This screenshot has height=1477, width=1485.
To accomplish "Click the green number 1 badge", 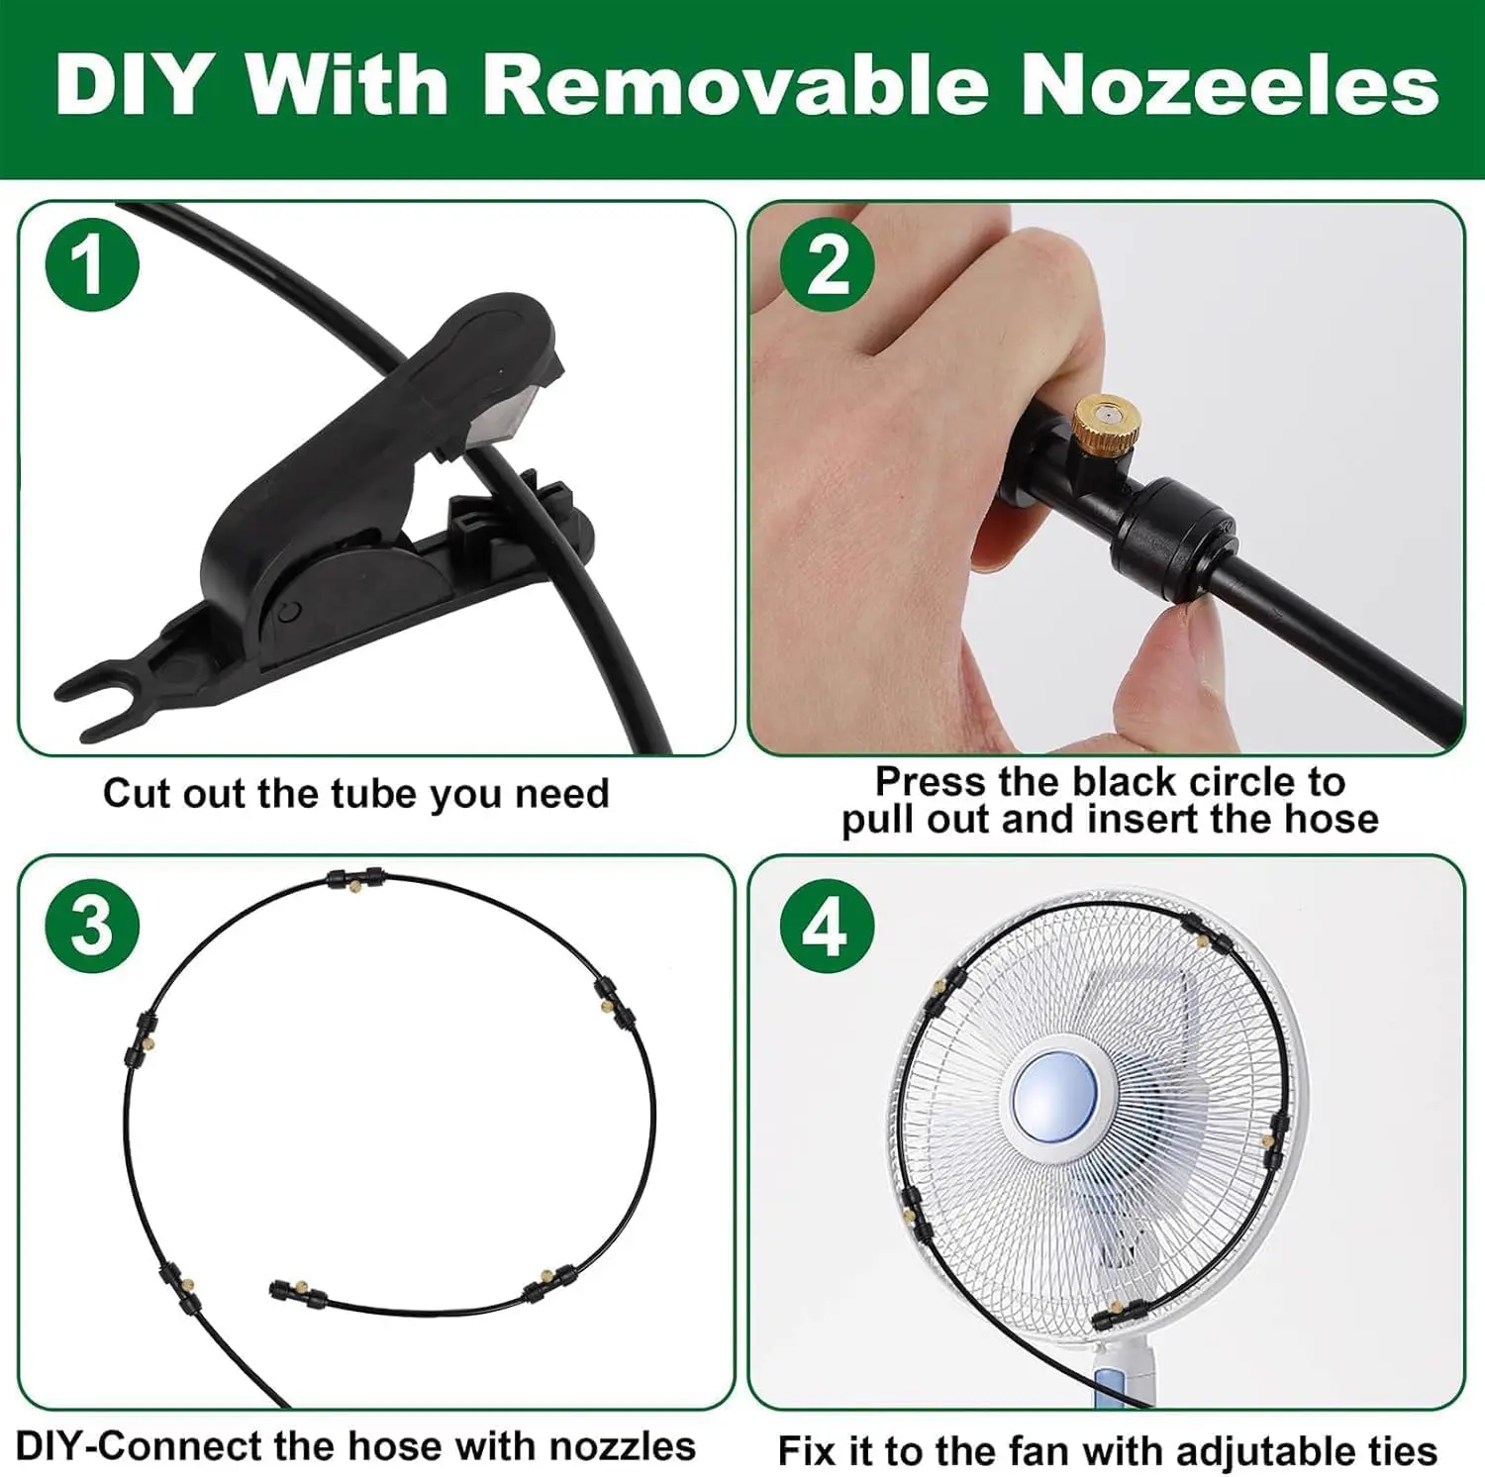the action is [92, 266].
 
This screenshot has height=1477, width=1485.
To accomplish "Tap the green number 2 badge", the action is [827, 264].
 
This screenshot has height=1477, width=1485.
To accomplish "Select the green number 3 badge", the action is [92, 926].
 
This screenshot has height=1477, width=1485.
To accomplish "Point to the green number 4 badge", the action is [827, 928].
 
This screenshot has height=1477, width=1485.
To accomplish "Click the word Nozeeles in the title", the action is [1230, 85].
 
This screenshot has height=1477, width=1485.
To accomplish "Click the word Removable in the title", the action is [736, 85].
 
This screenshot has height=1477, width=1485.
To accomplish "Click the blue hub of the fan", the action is [1054, 1101].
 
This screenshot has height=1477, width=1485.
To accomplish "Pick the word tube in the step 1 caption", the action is [374, 794].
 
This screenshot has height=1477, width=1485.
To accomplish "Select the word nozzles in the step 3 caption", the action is [623, 1446].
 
